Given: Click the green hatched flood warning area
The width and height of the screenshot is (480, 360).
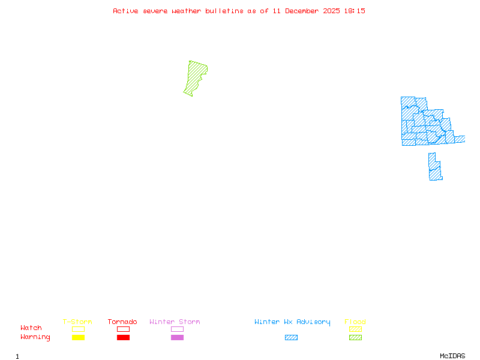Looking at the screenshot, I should pyautogui.click(x=195, y=78).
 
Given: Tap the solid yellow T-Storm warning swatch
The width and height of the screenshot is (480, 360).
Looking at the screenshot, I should pyautogui.click(x=78, y=338).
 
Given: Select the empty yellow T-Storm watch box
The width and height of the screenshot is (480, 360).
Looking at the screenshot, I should pyautogui.click(x=78, y=329).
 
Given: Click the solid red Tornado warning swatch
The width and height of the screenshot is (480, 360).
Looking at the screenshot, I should pyautogui.click(x=123, y=338).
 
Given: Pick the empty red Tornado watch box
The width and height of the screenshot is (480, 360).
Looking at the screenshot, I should pyautogui.click(x=123, y=329).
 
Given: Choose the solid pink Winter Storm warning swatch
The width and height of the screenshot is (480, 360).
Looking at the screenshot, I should pyautogui.click(x=177, y=338).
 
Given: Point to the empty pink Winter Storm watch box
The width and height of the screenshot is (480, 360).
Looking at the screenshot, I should pyautogui.click(x=177, y=329).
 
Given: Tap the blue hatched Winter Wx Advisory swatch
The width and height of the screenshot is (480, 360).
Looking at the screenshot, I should pyautogui.click(x=291, y=338).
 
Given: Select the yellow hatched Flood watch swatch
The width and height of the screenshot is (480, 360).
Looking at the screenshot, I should pyautogui.click(x=355, y=329).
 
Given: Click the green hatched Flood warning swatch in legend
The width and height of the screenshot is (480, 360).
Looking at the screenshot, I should pyautogui.click(x=355, y=338).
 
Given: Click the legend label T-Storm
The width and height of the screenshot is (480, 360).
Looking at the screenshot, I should pyautogui.click(x=77, y=322).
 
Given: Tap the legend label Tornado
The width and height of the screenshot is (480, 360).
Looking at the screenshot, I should pyautogui.click(x=122, y=322).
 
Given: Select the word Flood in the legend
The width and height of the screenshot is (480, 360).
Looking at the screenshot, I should pyautogui.click(x=355, y=322).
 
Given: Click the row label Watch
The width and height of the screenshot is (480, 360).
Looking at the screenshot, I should pyautogui.click(x=31, y=328).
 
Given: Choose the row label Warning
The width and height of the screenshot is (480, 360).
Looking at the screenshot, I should pyautogui.click(x=35, y=337).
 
